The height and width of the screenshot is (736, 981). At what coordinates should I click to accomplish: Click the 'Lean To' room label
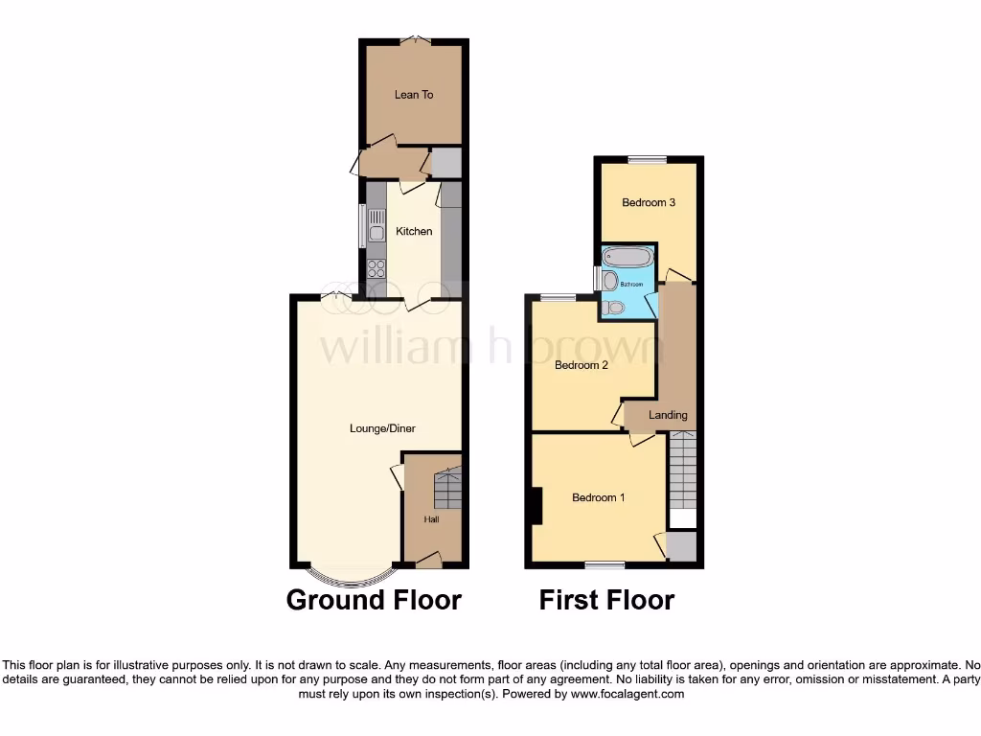point(414,95)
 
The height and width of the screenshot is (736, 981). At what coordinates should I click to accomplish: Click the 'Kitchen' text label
point(414,231)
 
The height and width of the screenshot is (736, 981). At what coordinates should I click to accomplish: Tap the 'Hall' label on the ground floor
point(431,519)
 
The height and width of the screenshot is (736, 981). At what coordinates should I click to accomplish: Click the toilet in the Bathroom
point(614,307)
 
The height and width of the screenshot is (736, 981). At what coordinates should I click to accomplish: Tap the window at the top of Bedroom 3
point(649,159)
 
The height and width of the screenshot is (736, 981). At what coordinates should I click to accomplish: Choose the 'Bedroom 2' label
point(582,365)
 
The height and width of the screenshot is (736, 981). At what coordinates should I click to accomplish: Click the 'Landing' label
point(668,415)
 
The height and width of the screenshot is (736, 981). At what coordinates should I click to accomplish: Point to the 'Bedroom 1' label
point(599,497)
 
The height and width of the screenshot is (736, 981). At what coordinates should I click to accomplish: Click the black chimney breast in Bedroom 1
point(536,506)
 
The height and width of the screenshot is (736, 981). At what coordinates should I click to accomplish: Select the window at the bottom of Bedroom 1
point(605,564)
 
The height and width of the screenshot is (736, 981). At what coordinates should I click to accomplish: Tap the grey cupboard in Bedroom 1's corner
point(682,546)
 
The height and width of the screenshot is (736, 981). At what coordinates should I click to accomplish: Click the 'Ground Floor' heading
point(374,600)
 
